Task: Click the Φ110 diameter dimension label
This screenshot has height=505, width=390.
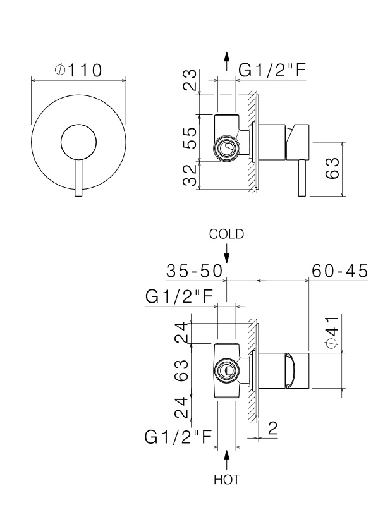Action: pos(78,70)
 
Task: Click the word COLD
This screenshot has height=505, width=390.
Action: pos(226,234)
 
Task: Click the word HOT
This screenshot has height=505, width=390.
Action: pos(226,480)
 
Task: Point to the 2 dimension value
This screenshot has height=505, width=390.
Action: pos(272,429)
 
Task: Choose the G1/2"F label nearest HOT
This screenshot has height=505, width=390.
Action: pos(176,437)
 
